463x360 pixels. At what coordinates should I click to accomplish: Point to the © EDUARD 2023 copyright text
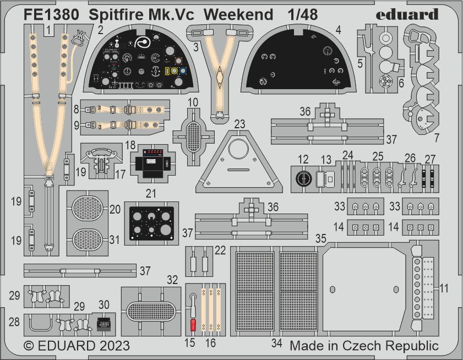pos(77,346)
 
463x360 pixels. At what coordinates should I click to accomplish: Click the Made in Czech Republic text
pos(364,346)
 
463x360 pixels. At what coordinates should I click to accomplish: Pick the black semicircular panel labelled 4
pos(297,62)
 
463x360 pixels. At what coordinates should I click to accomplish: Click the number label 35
pos(320,238)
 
